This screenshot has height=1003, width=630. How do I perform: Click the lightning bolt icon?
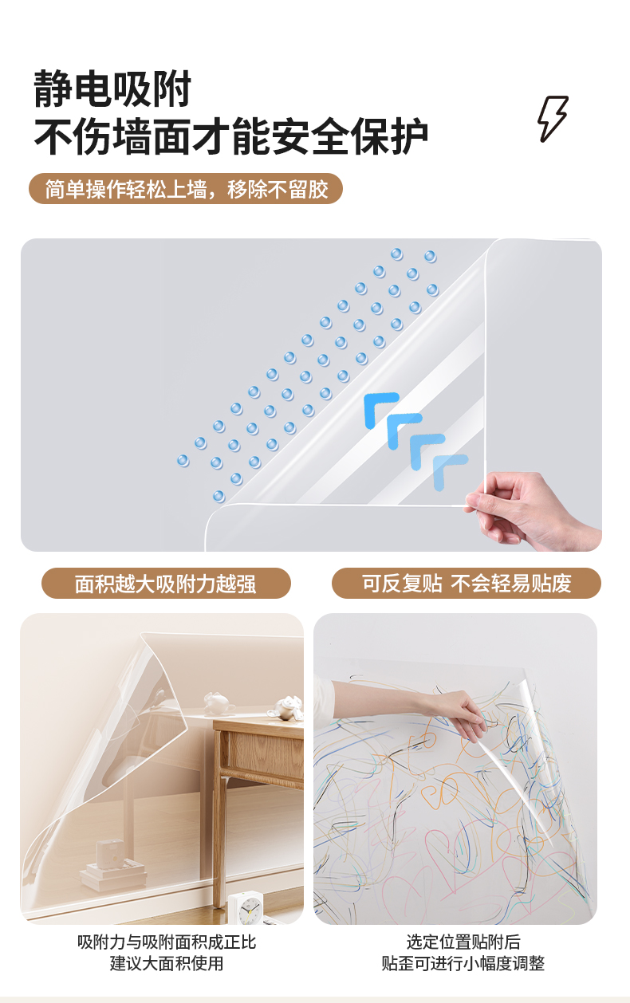pos(552,119)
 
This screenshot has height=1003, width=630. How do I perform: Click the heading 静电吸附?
pos(112,88)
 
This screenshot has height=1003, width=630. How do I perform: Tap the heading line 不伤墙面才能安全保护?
pos(230,136)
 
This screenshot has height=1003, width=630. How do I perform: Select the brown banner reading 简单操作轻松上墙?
pos(186,188)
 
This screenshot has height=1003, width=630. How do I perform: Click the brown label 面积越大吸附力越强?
pos(166,583)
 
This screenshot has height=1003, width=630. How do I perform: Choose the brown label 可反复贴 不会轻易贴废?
pos(466,583)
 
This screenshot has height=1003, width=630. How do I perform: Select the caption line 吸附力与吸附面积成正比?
pos(166,942)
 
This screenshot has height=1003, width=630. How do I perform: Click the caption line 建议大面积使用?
pos(166,963)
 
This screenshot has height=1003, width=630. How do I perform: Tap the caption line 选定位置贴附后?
pos(463,942)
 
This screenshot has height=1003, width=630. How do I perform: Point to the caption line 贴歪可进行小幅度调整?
pos(463,963)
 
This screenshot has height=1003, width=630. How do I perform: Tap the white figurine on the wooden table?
pos(219,703)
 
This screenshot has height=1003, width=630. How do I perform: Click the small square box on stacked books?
pos(110,852)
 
